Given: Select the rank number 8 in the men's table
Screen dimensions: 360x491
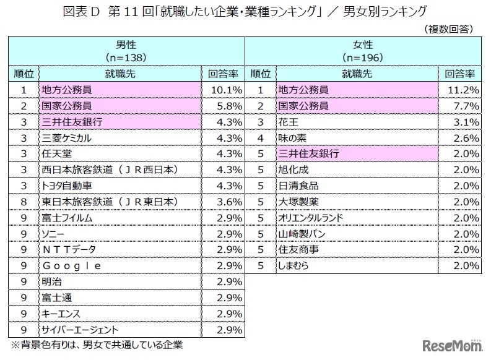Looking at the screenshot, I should tap(24, 202).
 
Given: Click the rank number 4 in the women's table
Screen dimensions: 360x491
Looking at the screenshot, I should tap(261, 138).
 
